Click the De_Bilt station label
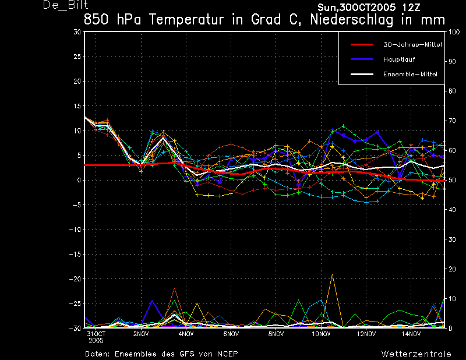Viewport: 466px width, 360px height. pos(65,5)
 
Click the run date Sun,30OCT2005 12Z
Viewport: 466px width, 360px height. pos(369,8)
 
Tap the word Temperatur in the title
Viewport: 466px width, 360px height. pos(186,20)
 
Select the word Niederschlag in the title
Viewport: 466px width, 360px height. pos(352,20)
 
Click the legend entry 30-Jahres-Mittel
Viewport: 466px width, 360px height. pos(412,45)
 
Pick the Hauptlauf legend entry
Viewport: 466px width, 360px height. pos(399,59)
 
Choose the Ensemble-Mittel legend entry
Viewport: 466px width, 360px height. pos(410,75)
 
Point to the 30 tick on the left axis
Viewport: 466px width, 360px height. pos(77,32)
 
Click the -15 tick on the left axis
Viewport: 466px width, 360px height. pos(75,254)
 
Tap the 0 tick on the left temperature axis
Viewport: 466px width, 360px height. pos(79,180)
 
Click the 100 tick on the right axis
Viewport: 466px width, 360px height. pos(454,32)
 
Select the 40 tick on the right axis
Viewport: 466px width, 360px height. pos(452,210)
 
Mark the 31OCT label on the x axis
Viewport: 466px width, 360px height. pos(96,334)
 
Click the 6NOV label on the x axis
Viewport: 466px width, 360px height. pos(231,334)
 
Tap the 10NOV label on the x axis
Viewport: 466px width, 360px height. pos(321,334)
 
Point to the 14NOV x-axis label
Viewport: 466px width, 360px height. pos(411,334)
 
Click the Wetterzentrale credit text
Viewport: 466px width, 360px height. pos(416,354)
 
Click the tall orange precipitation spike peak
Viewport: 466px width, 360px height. pos(332,274)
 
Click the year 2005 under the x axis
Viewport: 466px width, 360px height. pos(96,340)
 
